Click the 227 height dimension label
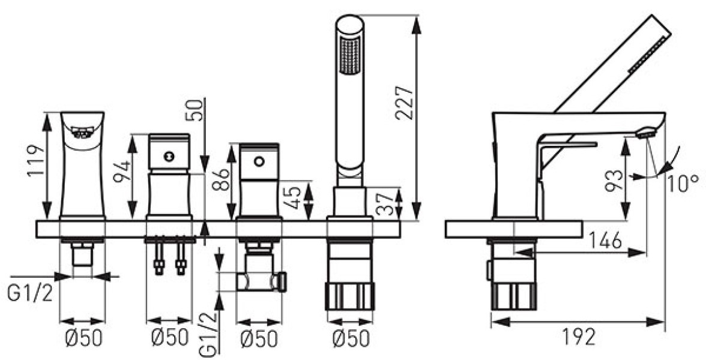point(404,102)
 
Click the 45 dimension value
point(293,197)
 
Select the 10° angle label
point(683,184)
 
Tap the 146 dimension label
point(606,241)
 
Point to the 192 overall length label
point(579,336)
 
